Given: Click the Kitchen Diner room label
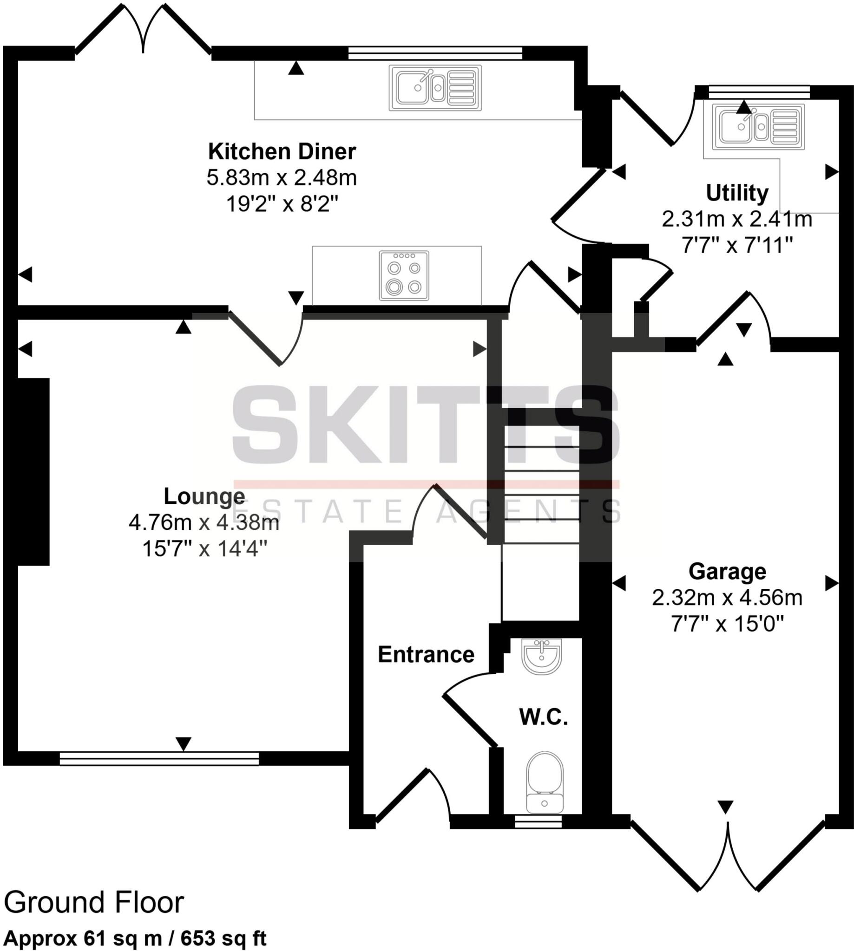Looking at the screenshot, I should [282, 152].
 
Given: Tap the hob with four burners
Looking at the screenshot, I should [404, 276].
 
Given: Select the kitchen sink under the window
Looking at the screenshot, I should [434, 88].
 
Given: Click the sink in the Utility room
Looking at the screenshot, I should [758, 127].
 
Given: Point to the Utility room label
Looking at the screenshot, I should [737, 193].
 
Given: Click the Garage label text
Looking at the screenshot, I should [727, 572].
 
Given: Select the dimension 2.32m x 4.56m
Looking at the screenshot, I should [727, 598].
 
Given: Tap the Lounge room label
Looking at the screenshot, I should [204, 496].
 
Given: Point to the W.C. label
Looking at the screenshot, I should [544, 718].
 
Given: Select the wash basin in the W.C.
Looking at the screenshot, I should [541, 656].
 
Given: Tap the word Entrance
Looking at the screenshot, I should [426, 655].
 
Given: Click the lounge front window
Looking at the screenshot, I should [159, 758].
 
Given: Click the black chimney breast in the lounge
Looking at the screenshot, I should [33, 471].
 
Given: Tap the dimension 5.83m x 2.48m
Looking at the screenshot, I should [282, 178].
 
